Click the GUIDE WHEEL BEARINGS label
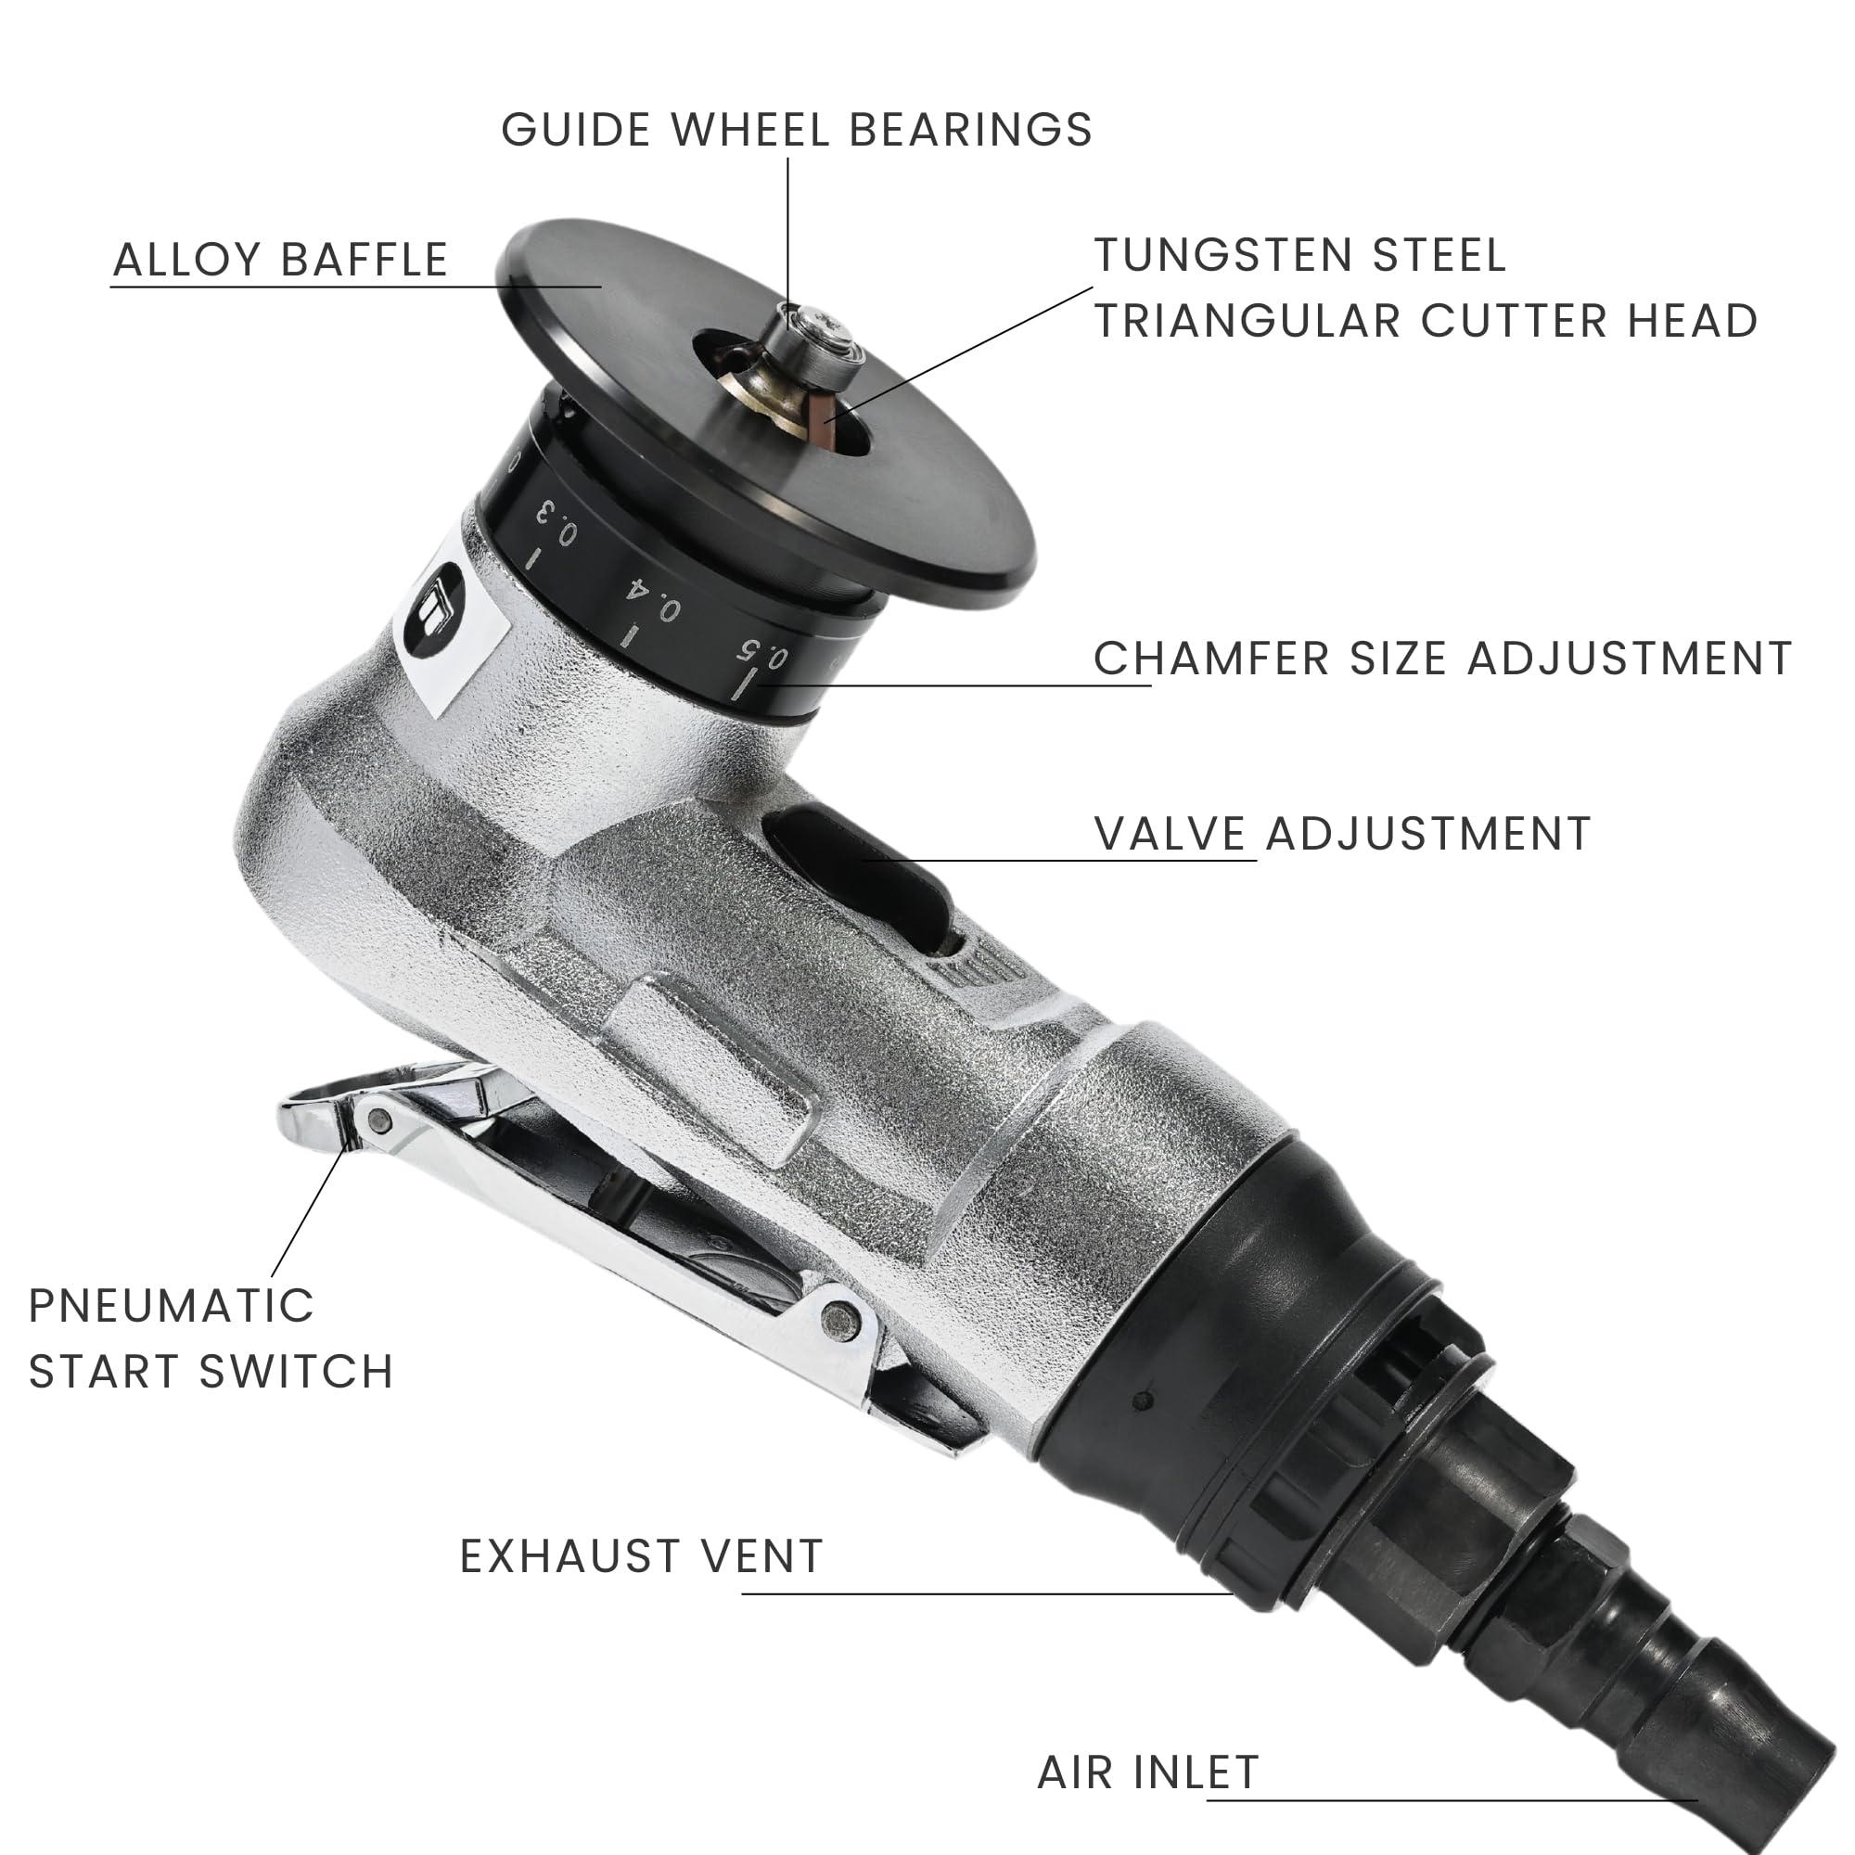point(796,130)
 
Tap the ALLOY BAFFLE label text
point(280,261)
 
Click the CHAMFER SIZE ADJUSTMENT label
point(1442,659)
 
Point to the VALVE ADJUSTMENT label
point(1342,834)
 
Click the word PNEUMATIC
point(172,1306)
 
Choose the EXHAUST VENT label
point(642,1556)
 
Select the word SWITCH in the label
point(297,1371)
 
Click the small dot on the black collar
point(1141,1401)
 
